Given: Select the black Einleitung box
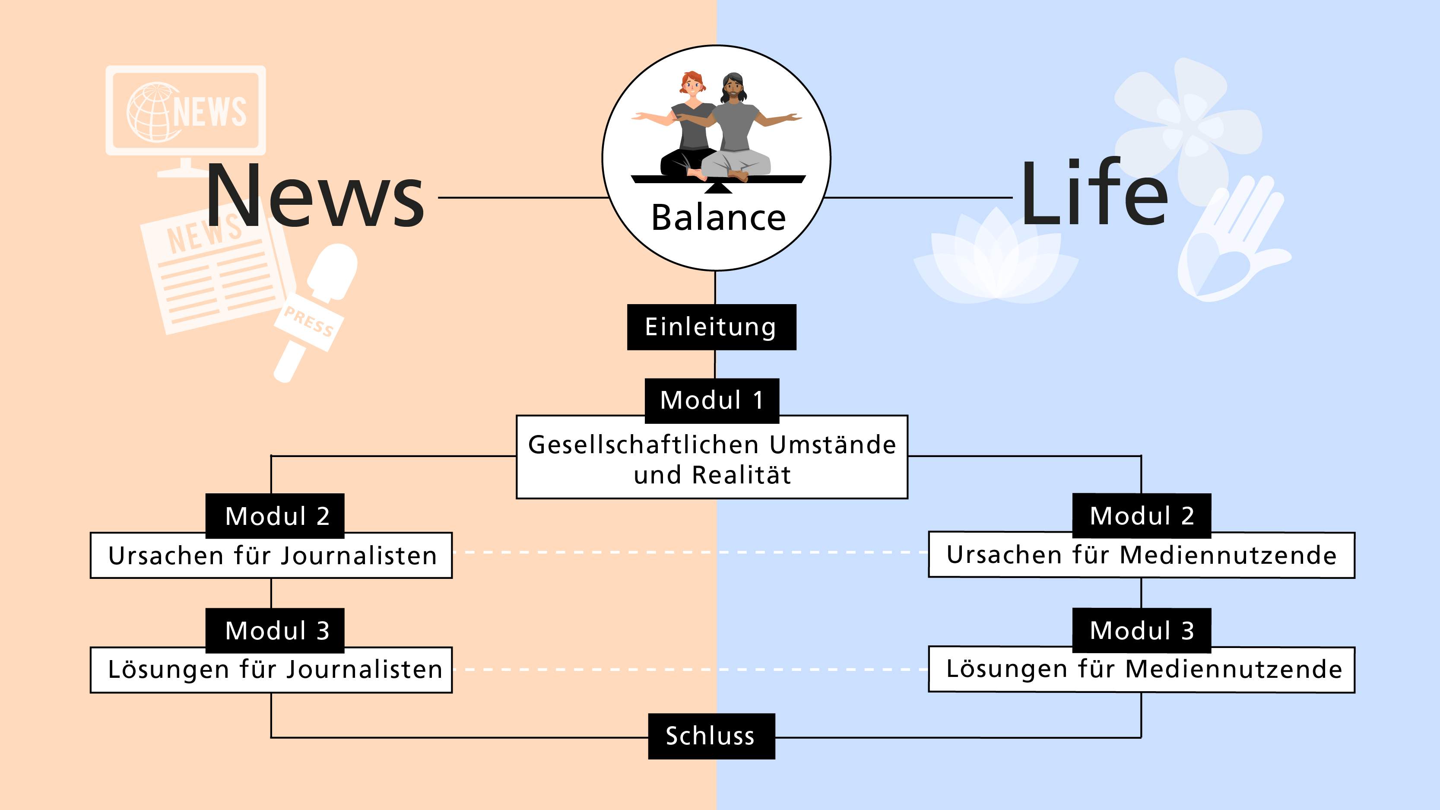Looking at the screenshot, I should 711,327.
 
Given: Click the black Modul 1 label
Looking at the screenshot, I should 712,400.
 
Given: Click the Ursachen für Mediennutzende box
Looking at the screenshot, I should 1141,556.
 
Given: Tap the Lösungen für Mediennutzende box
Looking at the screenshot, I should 1141,670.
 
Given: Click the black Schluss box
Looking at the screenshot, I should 711,736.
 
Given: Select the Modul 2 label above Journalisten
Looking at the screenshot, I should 275,515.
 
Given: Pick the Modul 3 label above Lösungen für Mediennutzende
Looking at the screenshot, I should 1142,630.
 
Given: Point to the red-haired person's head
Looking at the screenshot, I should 692,84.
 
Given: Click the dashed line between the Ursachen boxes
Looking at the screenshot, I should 690,552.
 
